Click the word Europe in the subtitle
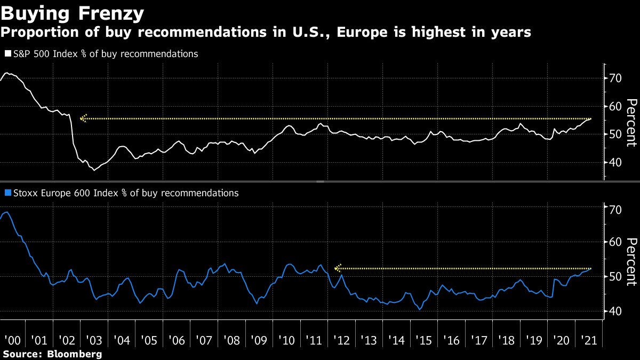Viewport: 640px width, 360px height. point(361,33)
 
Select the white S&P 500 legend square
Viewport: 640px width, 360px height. point(7,54)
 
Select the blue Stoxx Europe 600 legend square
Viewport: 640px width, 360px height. point(7,193)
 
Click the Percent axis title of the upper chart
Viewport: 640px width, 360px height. point(630,122)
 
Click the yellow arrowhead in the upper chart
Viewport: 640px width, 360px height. point(83,118)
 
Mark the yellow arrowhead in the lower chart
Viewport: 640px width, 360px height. point(337,268)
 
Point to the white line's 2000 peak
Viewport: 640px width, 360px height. point(7,73)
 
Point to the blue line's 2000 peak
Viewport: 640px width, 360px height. point(5,212)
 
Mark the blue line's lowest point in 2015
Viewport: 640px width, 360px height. point(420,309)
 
